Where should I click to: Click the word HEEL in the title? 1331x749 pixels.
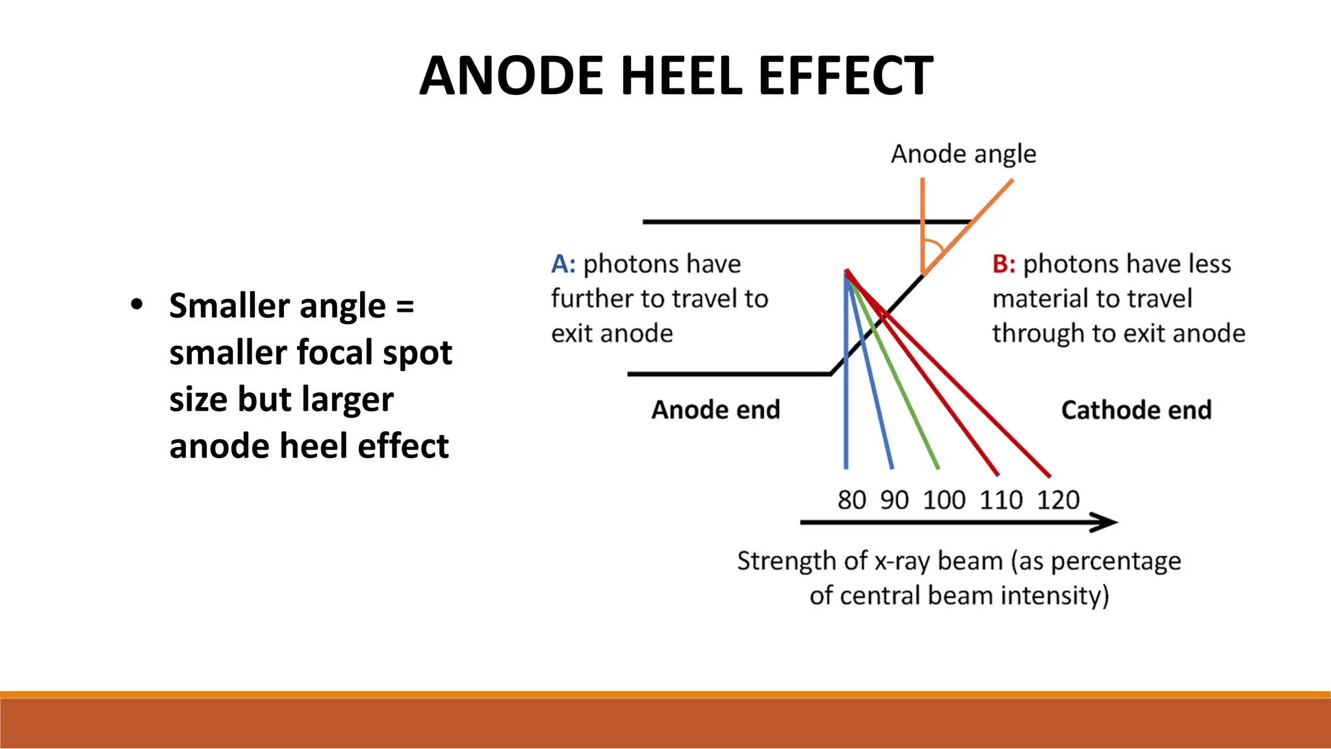point(680,76)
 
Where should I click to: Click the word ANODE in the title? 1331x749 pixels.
point(512,76)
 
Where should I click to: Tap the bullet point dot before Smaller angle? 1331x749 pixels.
point(136,304)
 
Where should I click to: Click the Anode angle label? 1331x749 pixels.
point(963,155)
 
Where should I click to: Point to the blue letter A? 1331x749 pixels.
point(563,264)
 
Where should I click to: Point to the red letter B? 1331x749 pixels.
point(1003,264)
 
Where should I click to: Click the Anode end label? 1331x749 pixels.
point(716,410)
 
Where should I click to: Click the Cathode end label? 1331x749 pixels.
point(1136,410)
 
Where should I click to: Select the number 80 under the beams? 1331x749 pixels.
point(851,500)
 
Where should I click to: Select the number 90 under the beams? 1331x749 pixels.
point(894,500)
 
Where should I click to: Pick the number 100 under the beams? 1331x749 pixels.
point(944,500)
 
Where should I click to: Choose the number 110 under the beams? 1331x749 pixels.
point(1001,500)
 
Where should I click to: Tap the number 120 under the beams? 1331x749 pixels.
point(1057,500)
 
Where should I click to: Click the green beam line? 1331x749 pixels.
point(910,403)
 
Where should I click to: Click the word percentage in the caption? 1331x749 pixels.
point(1115,561)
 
